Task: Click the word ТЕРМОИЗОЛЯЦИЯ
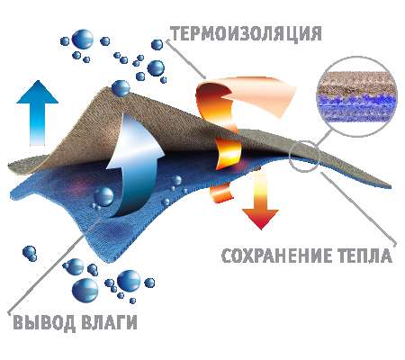(247, 33)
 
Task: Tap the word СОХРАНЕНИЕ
(276, 256)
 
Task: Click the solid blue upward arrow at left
(37, 112)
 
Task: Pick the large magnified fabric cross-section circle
(356, 96)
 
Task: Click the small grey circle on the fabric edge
(304, 156)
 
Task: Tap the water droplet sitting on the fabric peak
(121, 88)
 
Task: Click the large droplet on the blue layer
(103, 196)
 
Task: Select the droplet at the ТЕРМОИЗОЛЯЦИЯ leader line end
(157, 45)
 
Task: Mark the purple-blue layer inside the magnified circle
(356, 108)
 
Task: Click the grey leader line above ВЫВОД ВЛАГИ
(54, 265)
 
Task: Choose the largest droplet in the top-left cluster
(83, 39)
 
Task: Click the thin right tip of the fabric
(390, 186)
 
